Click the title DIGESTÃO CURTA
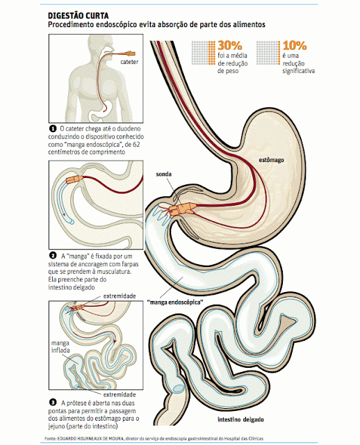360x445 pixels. [x=79, y=15]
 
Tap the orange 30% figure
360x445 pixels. [x=230, y=45]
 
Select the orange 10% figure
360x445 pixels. [x=295, y=45]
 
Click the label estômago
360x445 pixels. [x=271, y=160]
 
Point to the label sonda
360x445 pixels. [x=164, y=174]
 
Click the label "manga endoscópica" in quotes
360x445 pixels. [x=175, y=302]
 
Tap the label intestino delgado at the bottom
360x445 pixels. [x=240, y=419]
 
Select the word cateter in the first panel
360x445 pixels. [x=129, y=62]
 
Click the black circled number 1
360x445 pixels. [x=53, y=129]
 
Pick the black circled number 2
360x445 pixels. [x=53, y=255]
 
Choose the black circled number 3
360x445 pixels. [x=53, y=402]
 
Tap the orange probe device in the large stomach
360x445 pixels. [x=181, y=209]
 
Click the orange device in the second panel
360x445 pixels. [x=74, y=179]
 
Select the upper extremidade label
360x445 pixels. [x=120, y=296]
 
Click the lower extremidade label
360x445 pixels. [x=120, y=395]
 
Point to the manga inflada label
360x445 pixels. [x=60, y=346]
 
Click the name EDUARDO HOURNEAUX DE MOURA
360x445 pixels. [x=90, y=439]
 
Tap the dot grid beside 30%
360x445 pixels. [x=203, y=53]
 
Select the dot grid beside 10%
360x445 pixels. [x=268, y=53]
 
